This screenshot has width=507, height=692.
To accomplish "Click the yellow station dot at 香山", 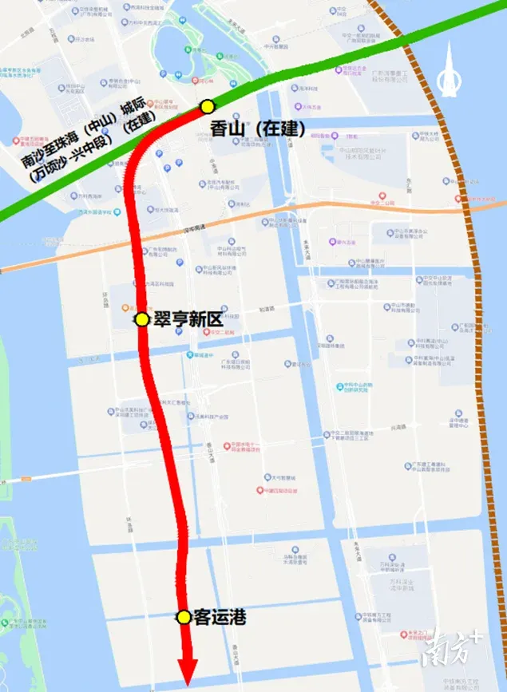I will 208,105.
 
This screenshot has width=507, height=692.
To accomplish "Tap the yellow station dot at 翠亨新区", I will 141,319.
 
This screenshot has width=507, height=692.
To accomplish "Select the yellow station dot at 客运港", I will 184,617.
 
